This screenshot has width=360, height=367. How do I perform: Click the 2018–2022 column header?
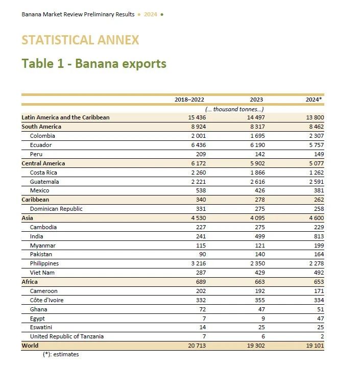click(189, 100)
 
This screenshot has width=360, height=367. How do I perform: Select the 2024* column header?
click(314, 100)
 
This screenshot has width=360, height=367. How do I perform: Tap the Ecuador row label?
click(41, 145)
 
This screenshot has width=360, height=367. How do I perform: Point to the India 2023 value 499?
click(258, 236)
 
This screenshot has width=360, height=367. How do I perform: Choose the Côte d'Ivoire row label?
click(47, 300)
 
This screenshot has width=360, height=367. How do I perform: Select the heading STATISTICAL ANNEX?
click(80, 40)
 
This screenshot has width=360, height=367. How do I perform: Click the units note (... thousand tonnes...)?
click(234, 109)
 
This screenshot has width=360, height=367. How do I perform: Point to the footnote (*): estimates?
click(61, 354)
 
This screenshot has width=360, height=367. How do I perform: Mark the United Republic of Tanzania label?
click(67, 336)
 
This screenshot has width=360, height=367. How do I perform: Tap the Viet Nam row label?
click(42, 273)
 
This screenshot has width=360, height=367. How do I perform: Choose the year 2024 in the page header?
click(150, 14)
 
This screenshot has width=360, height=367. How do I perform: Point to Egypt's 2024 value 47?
click(320, 319)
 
